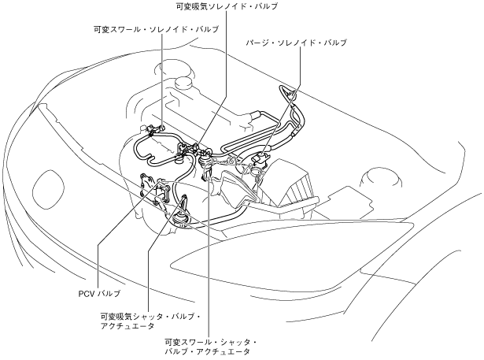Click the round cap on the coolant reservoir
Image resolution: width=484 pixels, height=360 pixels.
186,81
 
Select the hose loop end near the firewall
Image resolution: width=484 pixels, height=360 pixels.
292,95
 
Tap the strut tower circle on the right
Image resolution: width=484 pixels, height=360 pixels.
376,176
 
